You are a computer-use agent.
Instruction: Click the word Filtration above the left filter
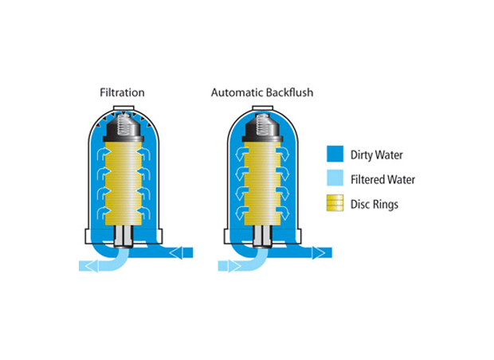[122, 92]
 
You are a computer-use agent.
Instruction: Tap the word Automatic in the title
[236, 92]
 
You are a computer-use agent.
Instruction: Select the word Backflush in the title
[288, 92]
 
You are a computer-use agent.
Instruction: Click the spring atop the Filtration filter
[123, 123]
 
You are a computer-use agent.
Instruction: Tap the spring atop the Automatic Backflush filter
[261, 123]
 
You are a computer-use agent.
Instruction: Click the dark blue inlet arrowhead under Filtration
[177, 252]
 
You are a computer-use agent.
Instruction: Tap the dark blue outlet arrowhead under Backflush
[318, 252]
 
